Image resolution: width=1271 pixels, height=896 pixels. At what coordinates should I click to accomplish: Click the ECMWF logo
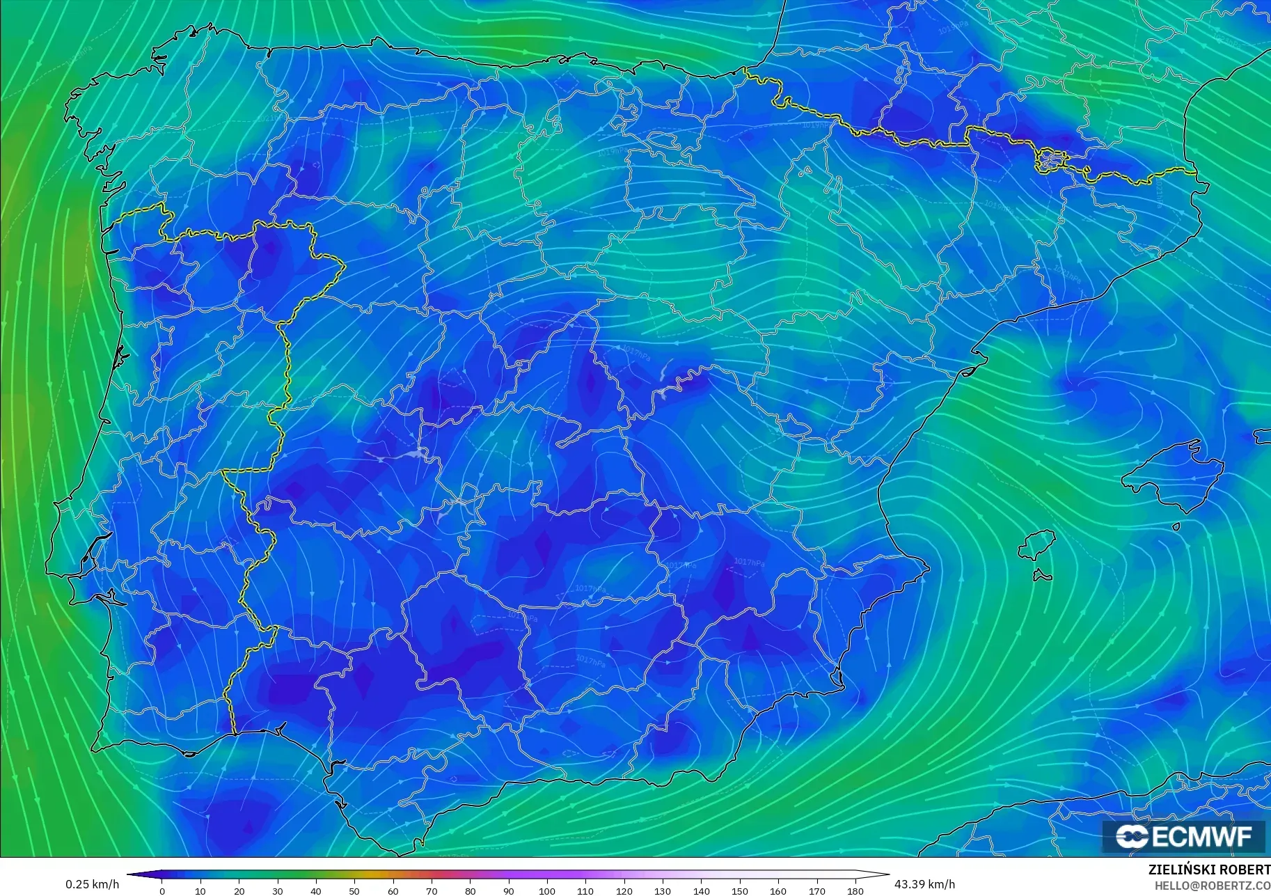click(1183, 836)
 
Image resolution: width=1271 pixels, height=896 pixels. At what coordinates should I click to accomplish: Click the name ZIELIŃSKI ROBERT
click(1209, 870)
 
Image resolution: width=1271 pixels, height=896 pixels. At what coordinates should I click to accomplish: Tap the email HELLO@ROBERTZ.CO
click(1213, 886)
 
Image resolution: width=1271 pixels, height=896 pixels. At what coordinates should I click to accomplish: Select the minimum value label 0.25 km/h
click(93, 884)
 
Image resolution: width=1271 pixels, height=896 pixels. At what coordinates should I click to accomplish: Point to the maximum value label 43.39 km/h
click(924, 884)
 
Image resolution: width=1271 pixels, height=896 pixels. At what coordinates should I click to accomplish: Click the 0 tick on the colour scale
click(162, 890)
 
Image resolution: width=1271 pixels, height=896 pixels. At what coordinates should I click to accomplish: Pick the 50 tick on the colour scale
click(354, 890)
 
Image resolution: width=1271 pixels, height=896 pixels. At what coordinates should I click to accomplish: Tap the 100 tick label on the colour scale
click(547, 890)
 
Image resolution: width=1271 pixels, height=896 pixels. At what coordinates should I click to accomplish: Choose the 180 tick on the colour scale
click(855, 890)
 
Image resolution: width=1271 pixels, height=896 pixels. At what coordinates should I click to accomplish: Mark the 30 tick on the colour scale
click(278, 890)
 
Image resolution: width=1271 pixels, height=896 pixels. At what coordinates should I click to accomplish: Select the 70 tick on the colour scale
click(432, 890)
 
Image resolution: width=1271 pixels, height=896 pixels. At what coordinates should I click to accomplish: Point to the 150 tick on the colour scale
click(740, 890)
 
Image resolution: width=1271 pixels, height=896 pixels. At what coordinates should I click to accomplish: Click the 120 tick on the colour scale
click(624, 890)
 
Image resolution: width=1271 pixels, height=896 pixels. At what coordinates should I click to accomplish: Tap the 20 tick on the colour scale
click(239, 890)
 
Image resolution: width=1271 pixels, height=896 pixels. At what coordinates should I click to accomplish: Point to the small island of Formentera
click(1042, 576)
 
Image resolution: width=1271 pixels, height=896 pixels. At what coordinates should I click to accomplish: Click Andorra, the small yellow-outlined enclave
click(1050, 161)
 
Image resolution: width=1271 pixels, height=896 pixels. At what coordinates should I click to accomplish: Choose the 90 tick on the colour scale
click(509, 890)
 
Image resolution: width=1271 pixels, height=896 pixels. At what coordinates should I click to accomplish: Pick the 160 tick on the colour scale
click(778, 890)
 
